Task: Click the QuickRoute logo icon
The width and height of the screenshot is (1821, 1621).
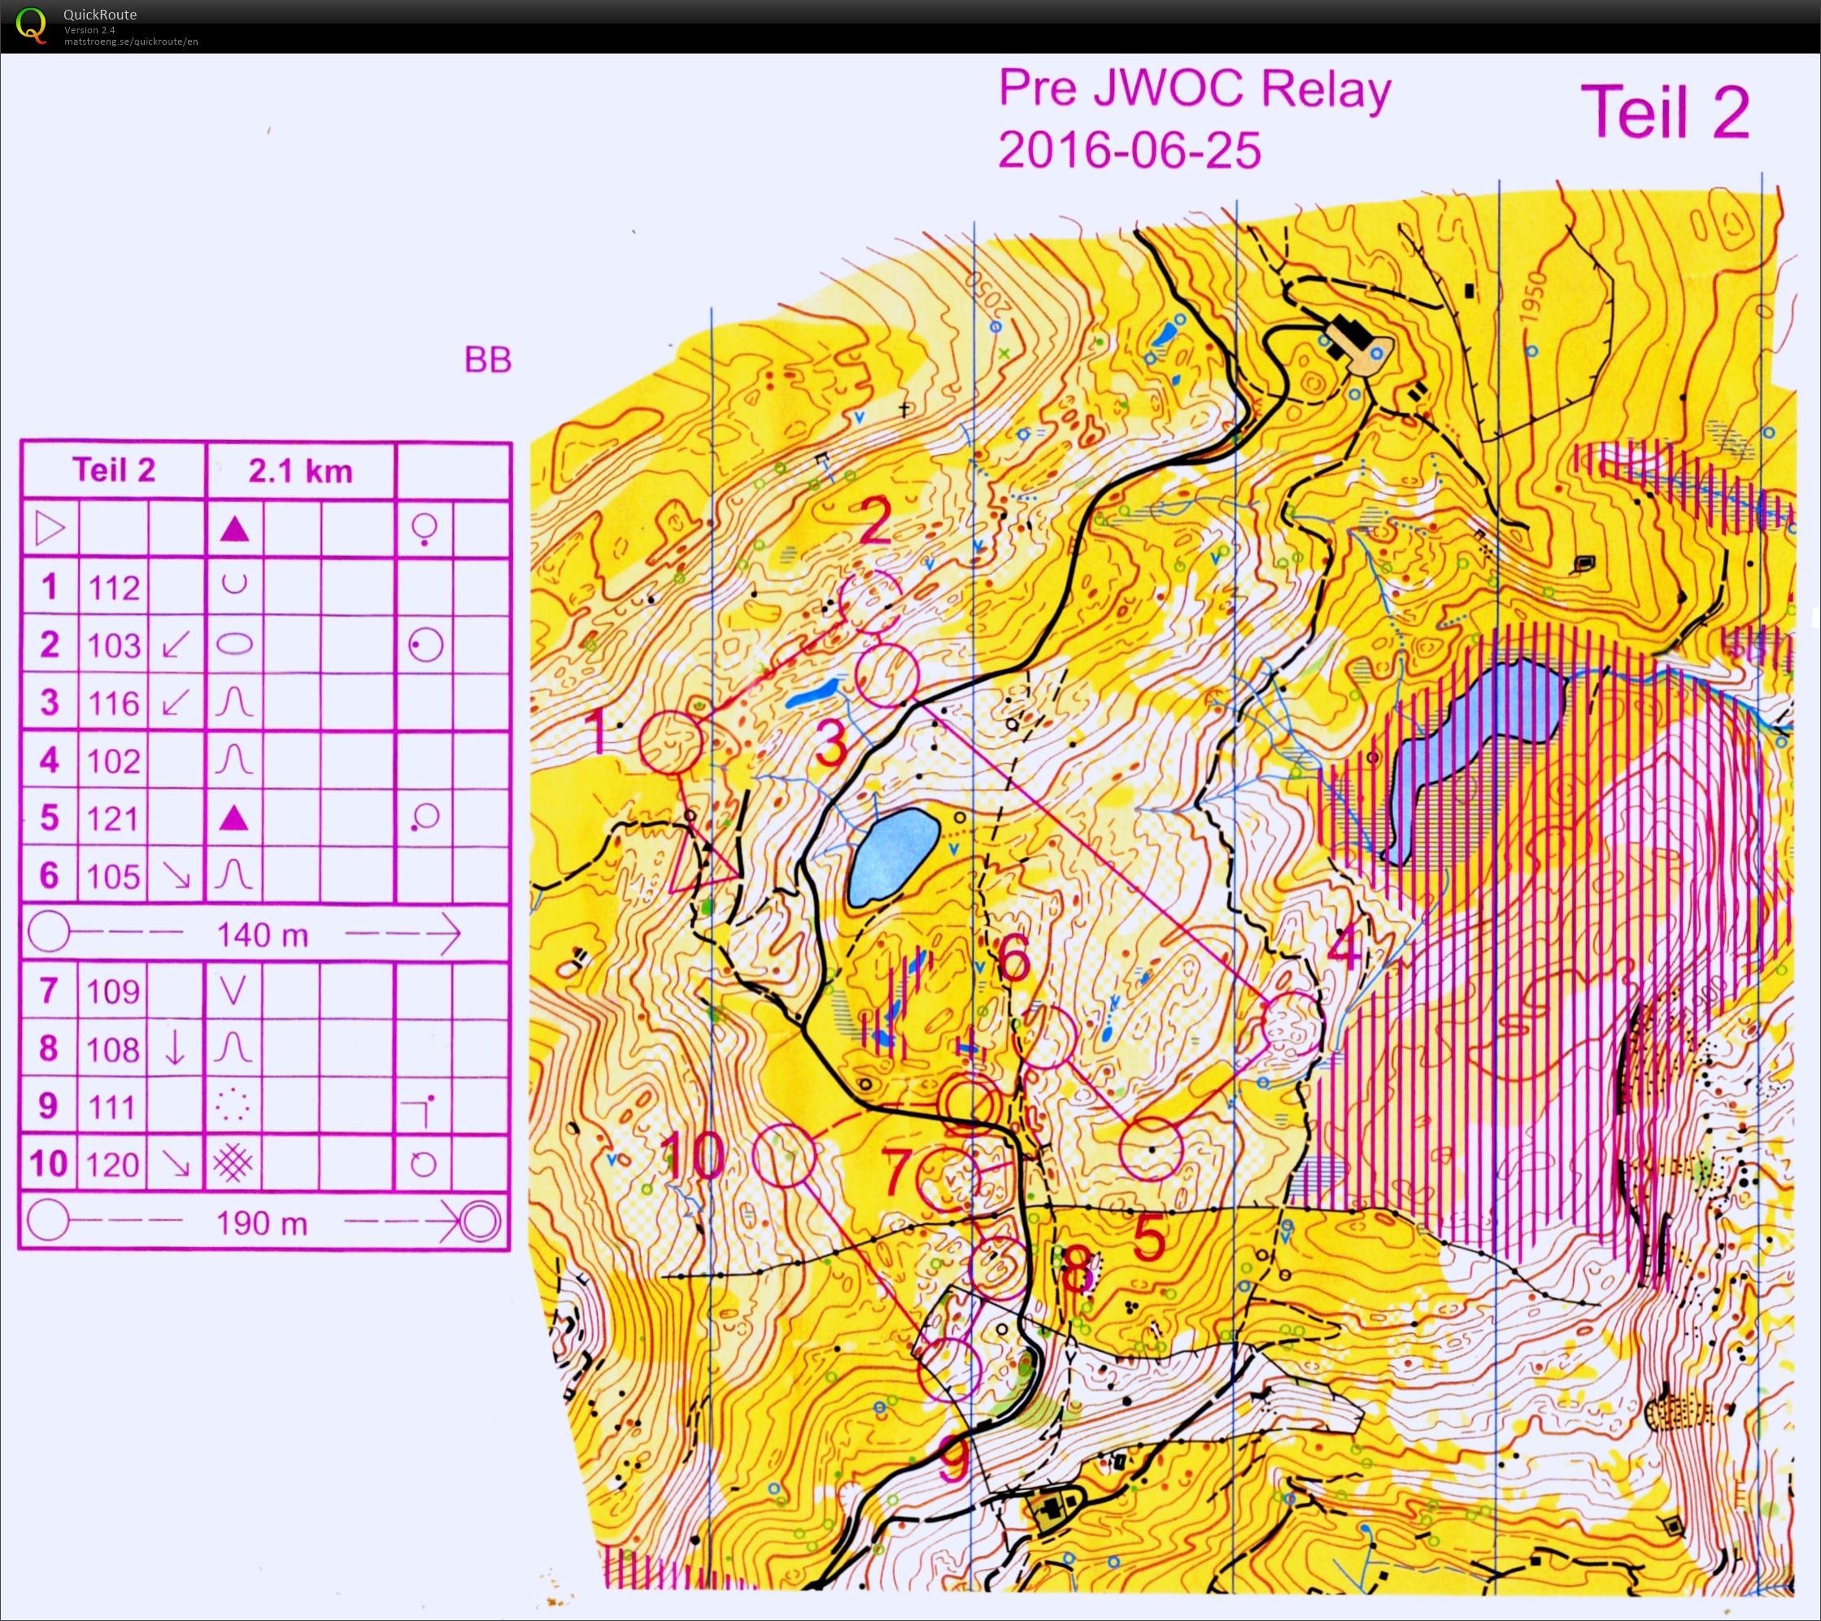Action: pos(30,24)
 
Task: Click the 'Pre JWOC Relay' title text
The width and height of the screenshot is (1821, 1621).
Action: pos(1194,90)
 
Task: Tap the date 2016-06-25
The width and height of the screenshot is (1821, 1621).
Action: pos(1129,150)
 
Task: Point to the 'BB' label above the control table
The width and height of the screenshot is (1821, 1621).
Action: pos(487,360)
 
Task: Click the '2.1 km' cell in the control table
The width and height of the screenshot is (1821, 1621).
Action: pos(300,471)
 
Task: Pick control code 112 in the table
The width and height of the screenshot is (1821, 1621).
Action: pos(114,587)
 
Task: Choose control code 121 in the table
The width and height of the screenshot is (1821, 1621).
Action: pos(114,818)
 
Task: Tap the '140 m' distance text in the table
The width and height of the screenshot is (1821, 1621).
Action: pos(263,935)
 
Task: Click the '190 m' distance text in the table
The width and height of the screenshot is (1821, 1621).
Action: pos(262,1222)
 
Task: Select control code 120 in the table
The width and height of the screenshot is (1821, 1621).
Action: pos(114,1164)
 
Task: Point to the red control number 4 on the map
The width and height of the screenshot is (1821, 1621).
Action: pos(1344,948)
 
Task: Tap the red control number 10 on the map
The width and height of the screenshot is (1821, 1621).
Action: pos(692,1156)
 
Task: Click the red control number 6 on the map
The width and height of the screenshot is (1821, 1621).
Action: pos(1014,959)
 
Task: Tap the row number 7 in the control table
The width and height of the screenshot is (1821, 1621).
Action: pos(49,991)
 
